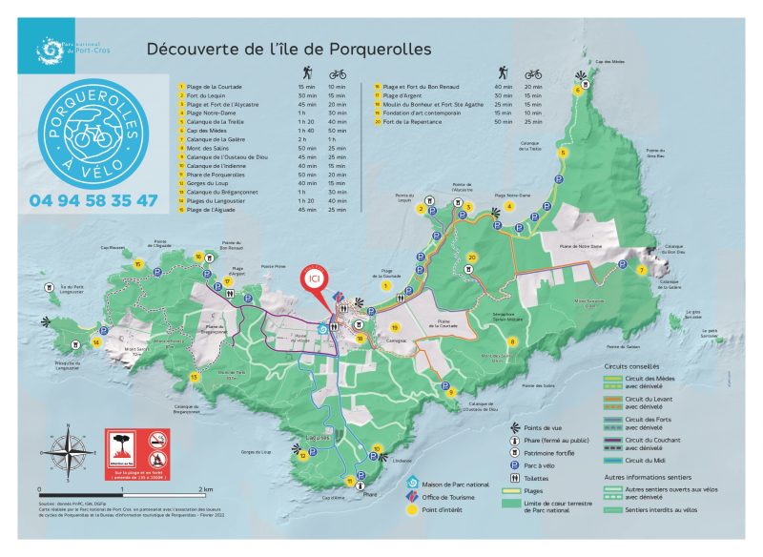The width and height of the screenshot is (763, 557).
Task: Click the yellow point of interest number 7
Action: point(641,271)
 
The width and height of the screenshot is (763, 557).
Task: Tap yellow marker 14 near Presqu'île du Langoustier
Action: point(96,341)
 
